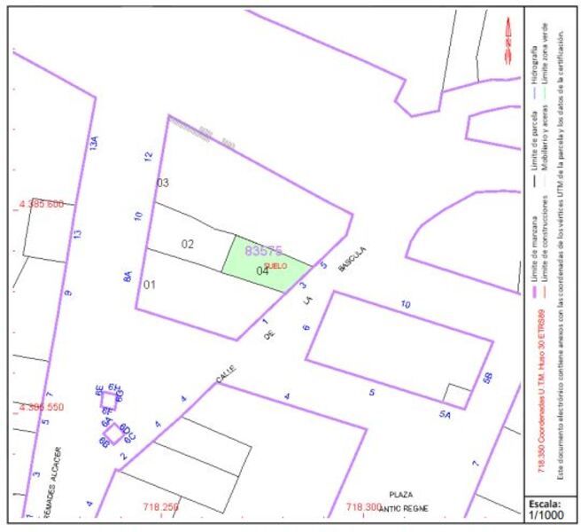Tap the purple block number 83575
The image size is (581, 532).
click(263, 251)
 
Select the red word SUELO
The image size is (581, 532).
click(275, 265)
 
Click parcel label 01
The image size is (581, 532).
click(150, 285)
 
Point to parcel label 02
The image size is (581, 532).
click(188, 244)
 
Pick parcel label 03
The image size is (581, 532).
click(162, 183)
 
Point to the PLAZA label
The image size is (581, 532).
click(401, 493)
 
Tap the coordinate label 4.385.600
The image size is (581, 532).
click(41, 205)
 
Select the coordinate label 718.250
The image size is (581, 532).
click(160, 507)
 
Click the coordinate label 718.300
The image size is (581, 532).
click(363, 507)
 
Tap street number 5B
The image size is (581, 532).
click(486, 378)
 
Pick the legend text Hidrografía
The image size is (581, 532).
click(534, 67)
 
